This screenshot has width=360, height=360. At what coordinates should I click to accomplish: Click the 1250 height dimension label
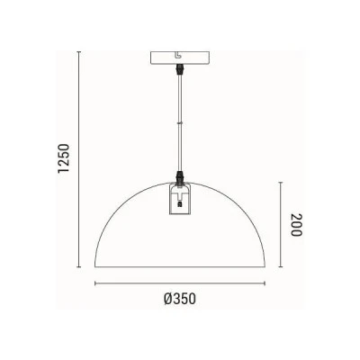click(x=64, y=158)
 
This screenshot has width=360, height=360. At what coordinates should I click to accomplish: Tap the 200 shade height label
click(x=296, y=225)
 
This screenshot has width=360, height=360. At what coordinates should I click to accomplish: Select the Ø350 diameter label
click(x=180, y=299)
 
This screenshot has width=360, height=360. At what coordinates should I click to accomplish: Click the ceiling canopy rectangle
click(x=180, y=58)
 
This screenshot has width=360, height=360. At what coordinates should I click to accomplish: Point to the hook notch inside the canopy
click(x=178, y=56)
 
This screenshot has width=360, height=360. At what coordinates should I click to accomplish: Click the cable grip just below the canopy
click(x=180, y=70)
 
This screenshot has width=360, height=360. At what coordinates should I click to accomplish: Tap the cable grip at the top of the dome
click(x=180, y=177)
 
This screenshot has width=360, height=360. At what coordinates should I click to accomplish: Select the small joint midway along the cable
click(x=180, y=122)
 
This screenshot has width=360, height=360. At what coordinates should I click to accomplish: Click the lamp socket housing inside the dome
click(x=180, y=199)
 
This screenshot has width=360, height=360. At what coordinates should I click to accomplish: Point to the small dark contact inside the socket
click(x=180, y=204)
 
